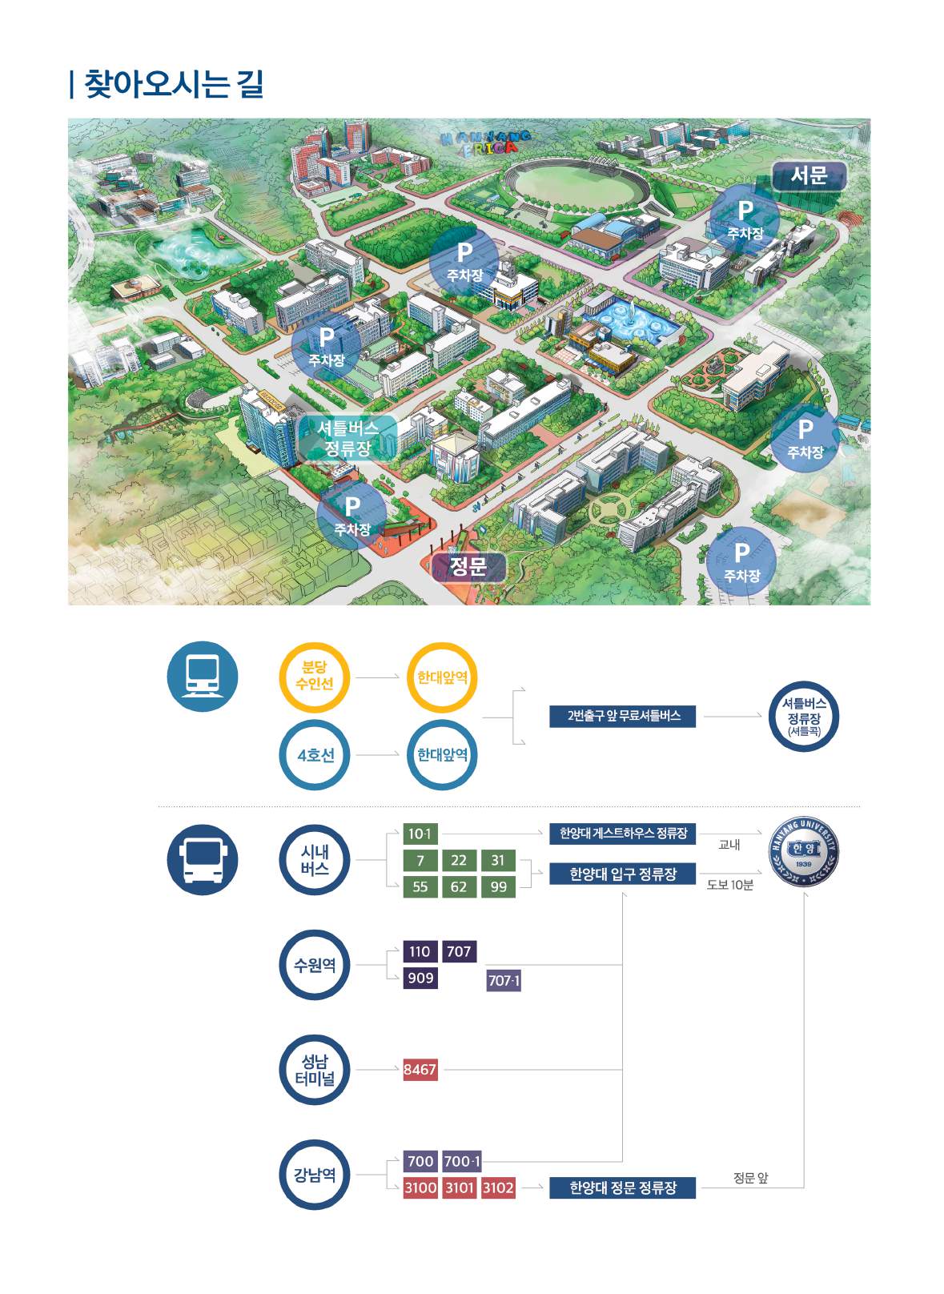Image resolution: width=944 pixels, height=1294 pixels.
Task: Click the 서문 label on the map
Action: coord(809,175)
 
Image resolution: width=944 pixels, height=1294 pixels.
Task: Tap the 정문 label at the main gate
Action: coord(468,567)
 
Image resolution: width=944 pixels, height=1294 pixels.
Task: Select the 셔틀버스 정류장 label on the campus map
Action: coord(347,438)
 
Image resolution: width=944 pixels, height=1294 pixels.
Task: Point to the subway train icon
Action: coord(203,677)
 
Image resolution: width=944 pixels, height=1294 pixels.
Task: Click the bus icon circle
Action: coord(203,859)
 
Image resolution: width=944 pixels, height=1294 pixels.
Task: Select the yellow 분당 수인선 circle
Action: coord(315,677)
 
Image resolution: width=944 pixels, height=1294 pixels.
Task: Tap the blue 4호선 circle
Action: coord(315,755)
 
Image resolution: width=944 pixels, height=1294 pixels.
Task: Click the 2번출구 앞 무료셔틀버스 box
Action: coord(622,717)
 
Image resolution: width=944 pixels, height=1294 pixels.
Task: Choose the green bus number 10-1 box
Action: coord(420,834)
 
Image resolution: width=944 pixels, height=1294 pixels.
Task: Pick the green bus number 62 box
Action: coord(459,886)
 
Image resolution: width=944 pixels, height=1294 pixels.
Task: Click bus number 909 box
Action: coord(420,978)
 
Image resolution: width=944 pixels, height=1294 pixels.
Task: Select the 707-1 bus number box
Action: coord(504,981)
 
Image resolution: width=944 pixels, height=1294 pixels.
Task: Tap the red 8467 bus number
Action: coord(420,1070)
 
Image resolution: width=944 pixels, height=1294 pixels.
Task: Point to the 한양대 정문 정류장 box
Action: coord(622,1188)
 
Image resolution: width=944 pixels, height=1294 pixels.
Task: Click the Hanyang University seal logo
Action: coord(804,851)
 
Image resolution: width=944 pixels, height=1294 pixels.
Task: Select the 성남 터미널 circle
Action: coord(315,1070)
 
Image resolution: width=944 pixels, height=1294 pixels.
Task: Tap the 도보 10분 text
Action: coord(729,885)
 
